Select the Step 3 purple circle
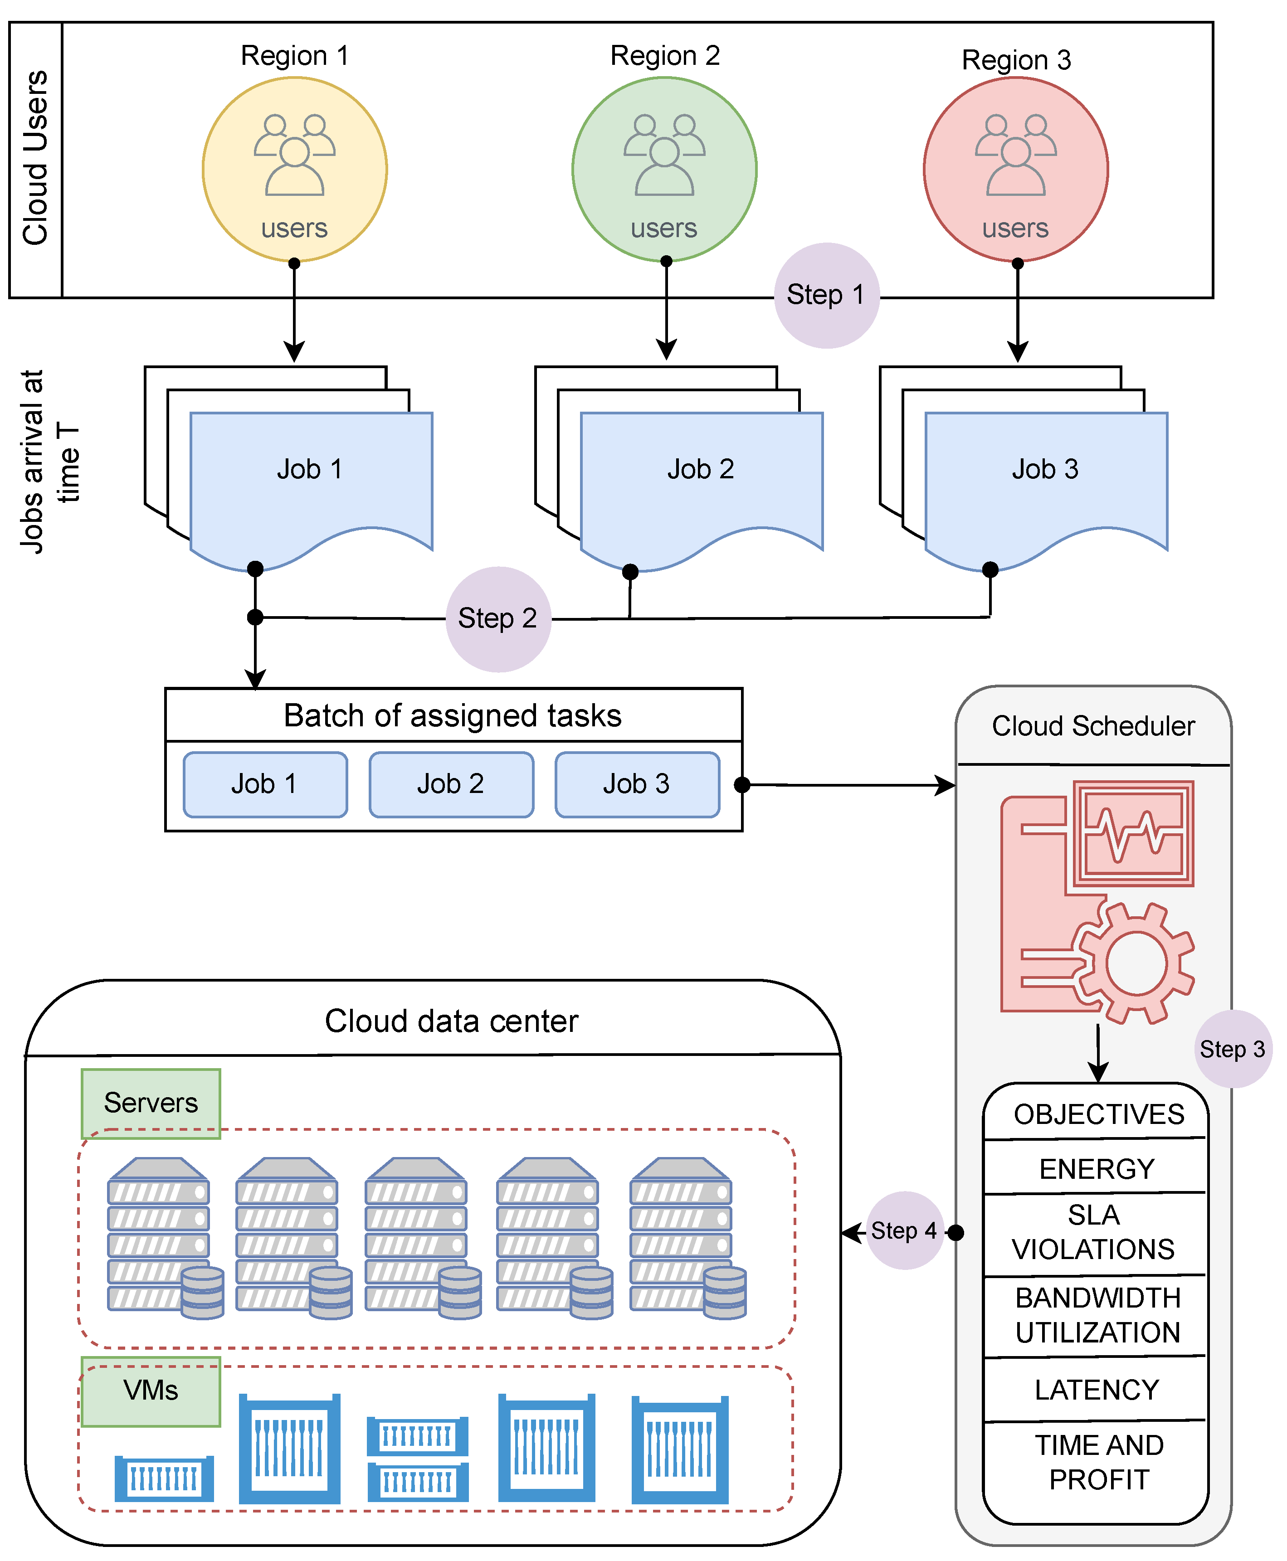point(1232,1049)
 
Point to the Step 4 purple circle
point(904,1230)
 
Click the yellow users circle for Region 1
point(294,170)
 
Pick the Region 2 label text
point(664,56)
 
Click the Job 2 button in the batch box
point(451,784)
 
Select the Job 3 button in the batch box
point(637,784)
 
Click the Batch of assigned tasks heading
point(452,715)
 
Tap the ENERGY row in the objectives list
point(1096,1169)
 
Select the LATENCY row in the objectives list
point(1096,1389)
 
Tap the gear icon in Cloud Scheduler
point(1134,963)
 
